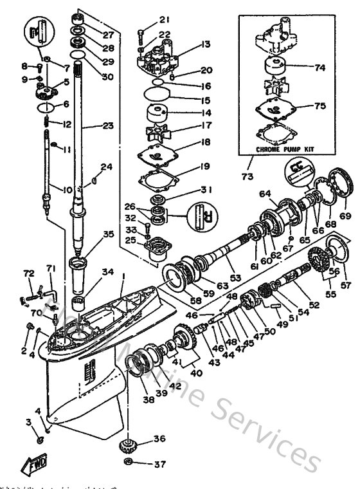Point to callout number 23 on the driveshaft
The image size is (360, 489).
pos(105,126)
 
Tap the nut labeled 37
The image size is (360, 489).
pos(128,463)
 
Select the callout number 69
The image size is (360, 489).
pos(345,213)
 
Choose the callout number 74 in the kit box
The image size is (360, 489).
pos(319,66)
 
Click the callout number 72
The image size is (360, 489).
pos(28,274)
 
